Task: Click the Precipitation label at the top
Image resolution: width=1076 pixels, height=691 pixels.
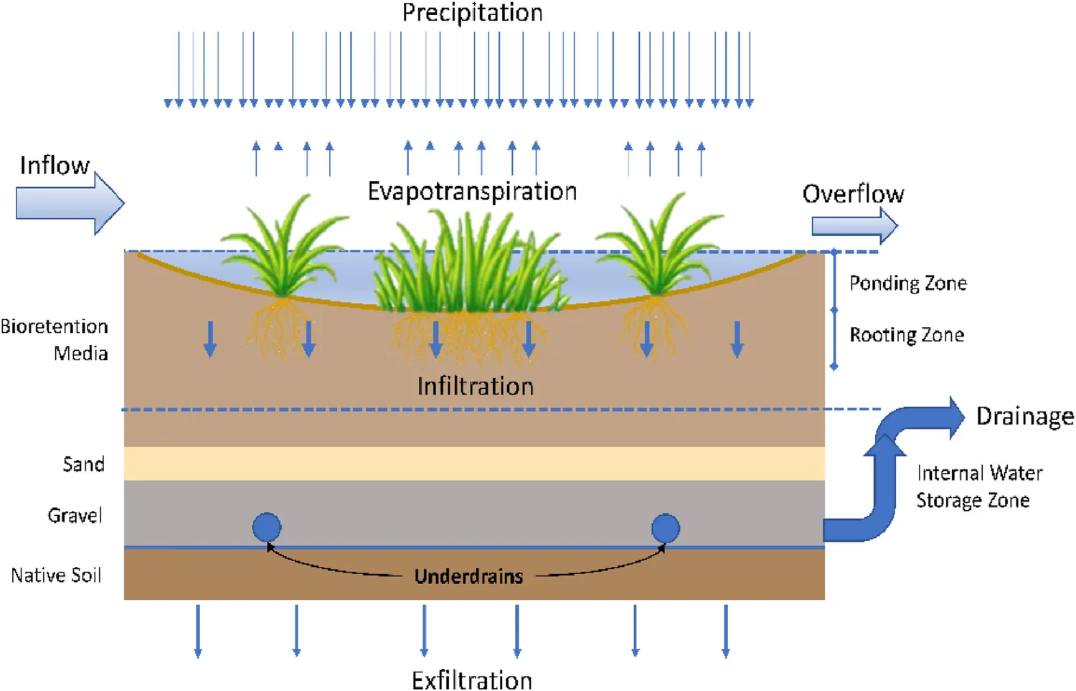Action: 472,13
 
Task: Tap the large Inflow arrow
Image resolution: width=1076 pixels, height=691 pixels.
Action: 70,203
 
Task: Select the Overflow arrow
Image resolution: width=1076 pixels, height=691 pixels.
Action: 854,226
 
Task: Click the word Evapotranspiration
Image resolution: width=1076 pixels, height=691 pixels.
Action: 472,192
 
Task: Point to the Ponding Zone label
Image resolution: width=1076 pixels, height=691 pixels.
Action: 908,283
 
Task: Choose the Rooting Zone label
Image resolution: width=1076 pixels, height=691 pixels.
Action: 907,334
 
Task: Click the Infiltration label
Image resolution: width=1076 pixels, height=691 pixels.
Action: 476,386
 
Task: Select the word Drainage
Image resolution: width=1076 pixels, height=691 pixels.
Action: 1025,416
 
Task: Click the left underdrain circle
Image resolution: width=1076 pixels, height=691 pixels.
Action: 267,527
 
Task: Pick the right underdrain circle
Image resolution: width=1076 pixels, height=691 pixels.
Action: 666,528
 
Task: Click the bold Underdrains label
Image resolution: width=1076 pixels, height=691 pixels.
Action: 468,576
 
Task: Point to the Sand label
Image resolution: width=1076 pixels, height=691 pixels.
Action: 84,464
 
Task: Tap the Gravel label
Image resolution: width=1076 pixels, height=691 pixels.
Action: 75,515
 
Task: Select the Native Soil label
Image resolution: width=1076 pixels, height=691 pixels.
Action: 56,575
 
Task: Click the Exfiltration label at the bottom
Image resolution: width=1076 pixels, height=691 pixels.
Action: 472,680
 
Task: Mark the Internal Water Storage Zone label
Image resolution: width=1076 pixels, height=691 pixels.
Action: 979,486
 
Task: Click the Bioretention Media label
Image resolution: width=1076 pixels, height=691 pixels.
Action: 55,339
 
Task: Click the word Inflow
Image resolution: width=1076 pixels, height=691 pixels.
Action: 55,165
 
